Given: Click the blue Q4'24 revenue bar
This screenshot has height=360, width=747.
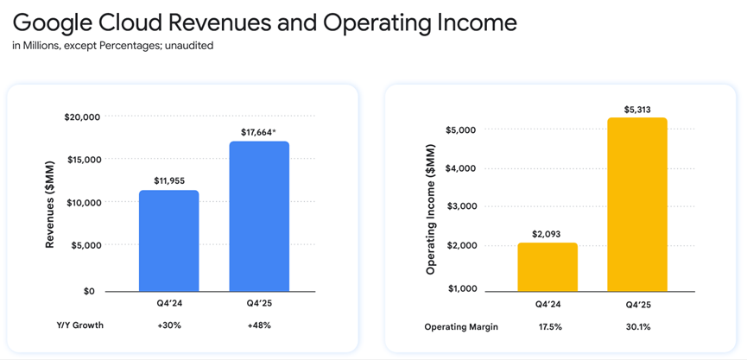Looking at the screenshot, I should coord(169,241).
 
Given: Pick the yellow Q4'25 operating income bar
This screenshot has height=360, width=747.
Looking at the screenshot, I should coord(637,205).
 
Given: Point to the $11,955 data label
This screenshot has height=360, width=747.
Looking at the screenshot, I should coord(168,180).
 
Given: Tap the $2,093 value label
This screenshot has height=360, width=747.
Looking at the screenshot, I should coord(548,234).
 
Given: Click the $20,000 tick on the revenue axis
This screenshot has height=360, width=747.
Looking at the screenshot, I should coord(83,117).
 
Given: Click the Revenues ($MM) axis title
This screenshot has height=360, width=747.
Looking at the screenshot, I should coord(50,205).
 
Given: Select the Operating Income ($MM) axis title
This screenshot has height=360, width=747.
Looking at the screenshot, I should coord(430,209).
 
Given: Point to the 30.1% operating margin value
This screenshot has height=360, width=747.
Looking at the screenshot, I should coord(637,327).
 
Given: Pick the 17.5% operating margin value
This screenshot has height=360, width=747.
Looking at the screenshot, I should coord(548,327).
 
